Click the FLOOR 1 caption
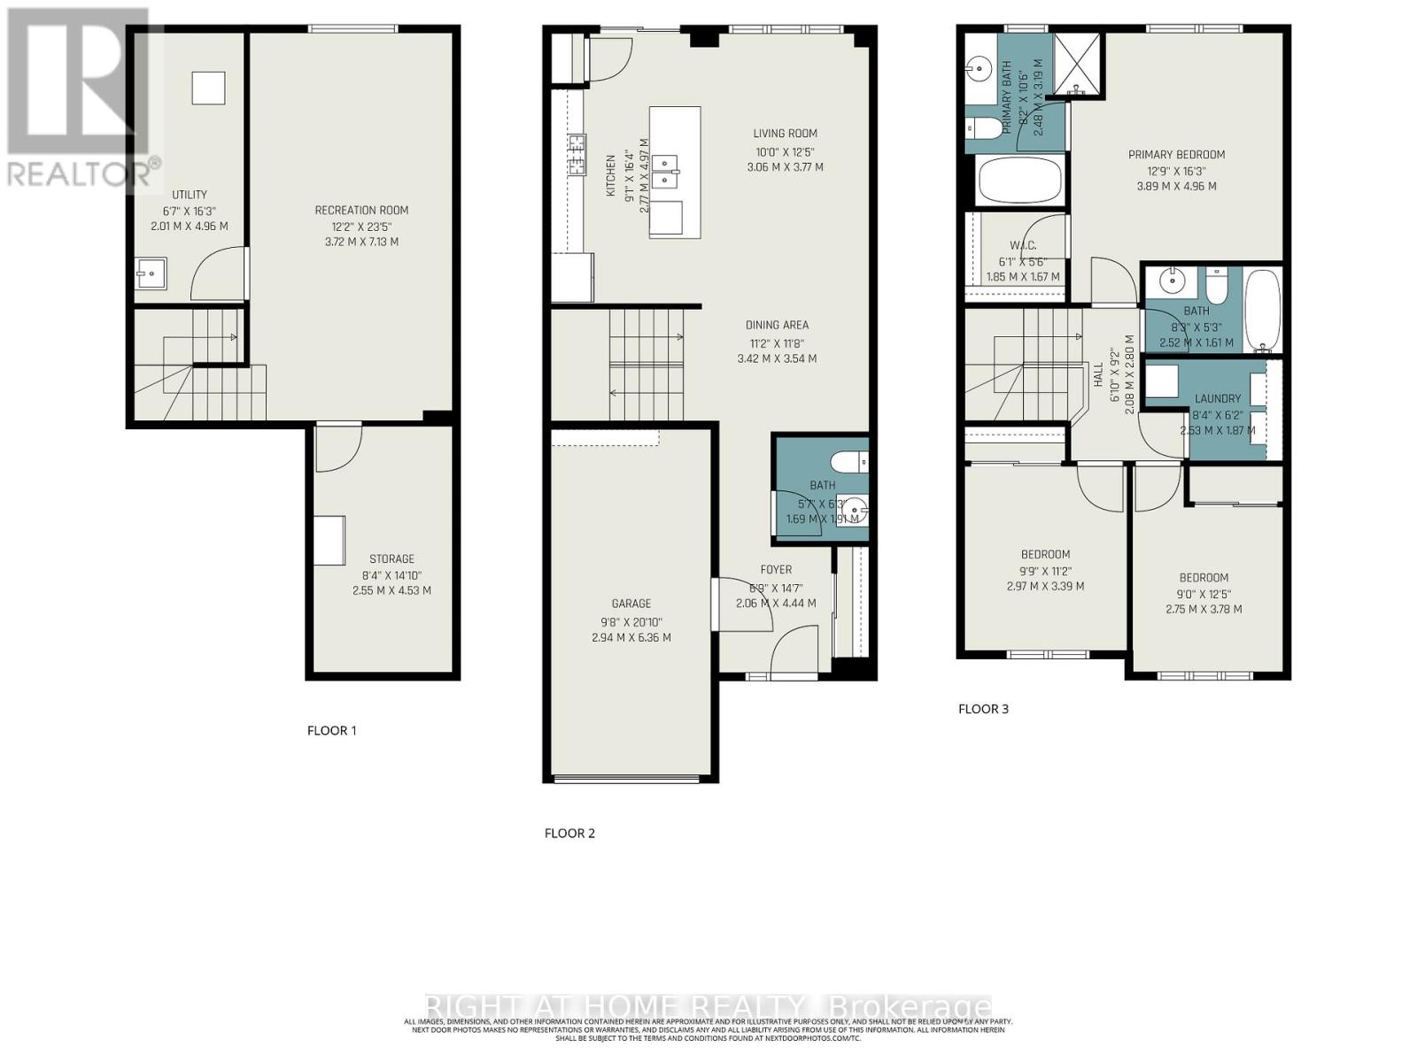(x=331, y=730)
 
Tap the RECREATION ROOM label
(x=361, y=211)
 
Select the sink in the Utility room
(x=151, y=274)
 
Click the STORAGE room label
(x=391, y=559)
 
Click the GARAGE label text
(x=631, y=604)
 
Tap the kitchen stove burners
(x=577, y=154)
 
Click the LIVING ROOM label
(x=785, y=134)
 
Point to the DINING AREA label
(x=777, y=325)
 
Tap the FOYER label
(x=776, y=570)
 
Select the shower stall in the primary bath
(x=1077, y=64)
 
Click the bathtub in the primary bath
(x=1019, y=180)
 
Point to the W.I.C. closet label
(x=1023, y=245)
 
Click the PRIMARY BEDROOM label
(x=1176, y=155)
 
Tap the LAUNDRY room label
(x=1217, y=399)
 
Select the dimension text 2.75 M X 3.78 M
(x=1204, y=609)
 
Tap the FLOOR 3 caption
(x=983, y=709)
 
